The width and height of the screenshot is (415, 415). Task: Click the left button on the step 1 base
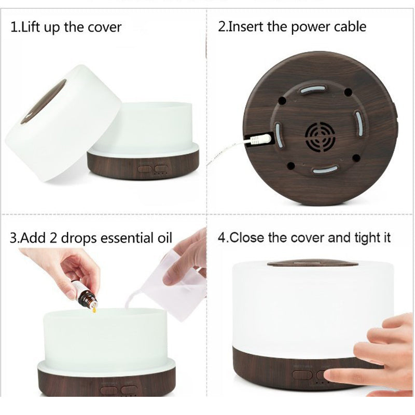[145, 169]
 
